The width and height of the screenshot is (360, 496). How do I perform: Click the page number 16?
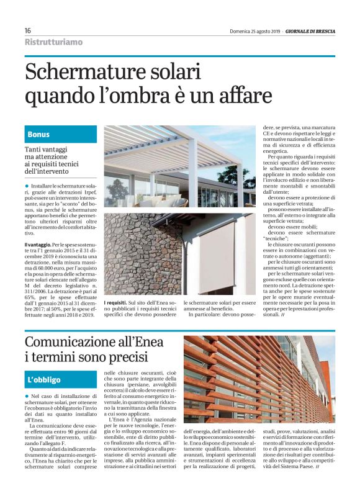(x=28, y=31)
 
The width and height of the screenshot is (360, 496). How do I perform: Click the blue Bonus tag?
(x=38, y=135)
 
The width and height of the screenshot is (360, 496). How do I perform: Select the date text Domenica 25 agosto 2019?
(x=254, y=31)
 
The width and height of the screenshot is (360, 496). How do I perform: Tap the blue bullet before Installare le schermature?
(x=27, y=186)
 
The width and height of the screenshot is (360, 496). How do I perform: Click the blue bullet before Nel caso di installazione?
(x=27, y=395)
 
